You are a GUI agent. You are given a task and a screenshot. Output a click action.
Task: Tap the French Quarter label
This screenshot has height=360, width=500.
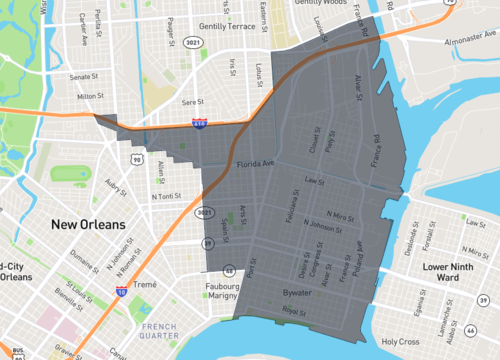click(160, 332)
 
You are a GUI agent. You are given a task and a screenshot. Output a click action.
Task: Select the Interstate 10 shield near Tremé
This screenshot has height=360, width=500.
click(120, 292)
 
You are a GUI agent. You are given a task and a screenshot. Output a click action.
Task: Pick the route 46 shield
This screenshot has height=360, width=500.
click(470, 328)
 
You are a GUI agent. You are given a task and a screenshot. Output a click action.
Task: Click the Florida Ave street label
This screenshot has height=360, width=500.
click(254, 162)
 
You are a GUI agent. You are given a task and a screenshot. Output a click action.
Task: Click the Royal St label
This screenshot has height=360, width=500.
click(292, 312)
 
